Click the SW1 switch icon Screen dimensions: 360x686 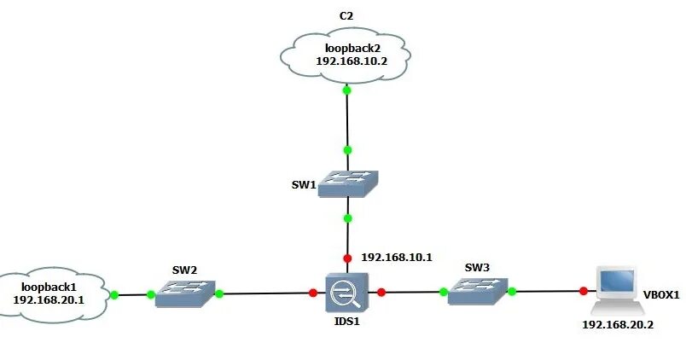[347, 183]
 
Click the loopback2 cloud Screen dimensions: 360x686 [346, 56]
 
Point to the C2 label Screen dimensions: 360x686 [346, 15]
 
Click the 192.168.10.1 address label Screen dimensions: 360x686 [397, 257]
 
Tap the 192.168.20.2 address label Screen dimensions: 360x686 [617, 325]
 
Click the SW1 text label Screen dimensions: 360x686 [302, 184]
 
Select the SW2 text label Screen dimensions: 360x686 [185, 270]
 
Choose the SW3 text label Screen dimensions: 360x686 [477, 268]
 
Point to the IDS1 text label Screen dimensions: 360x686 [346, 322]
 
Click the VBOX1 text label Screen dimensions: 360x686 [661, 295]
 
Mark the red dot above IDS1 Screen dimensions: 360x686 [347, 258]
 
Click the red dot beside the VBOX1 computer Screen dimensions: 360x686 [584, 292]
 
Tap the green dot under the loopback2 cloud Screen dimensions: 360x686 [346, 90]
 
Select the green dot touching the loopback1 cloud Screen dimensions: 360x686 [113, 295]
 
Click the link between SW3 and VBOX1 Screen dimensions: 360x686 [546, 292]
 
